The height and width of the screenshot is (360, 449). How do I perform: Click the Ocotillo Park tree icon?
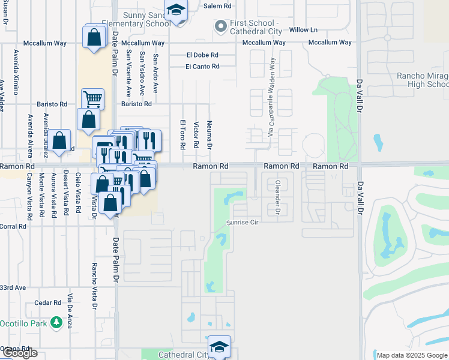56,323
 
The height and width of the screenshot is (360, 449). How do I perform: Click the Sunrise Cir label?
242,222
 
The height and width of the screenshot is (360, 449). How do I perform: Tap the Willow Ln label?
303,30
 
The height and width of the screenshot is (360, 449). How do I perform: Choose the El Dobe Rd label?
202,55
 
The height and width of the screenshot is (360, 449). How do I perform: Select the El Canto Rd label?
202,66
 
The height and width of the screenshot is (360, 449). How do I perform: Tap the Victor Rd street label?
196,136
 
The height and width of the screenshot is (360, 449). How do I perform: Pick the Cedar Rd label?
48,303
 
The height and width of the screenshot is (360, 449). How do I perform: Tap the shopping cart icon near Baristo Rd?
92,98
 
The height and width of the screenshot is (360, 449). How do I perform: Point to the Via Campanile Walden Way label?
271,96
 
